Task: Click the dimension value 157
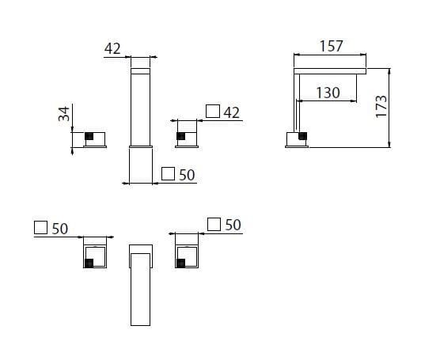(331, 46)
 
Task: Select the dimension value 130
(328, 93)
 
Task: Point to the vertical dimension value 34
(64, 113)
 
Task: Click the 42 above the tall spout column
(112, 47)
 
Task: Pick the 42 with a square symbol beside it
(231, 112)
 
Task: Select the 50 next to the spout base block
(187, 174)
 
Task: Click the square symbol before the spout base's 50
(168, 174)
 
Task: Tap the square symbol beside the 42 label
(211, 112)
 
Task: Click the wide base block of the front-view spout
(142, 165)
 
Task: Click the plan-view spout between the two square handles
(142, 285)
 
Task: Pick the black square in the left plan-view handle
(89, 263)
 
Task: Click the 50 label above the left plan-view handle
(59, 228)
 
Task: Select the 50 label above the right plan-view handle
(231, 225)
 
